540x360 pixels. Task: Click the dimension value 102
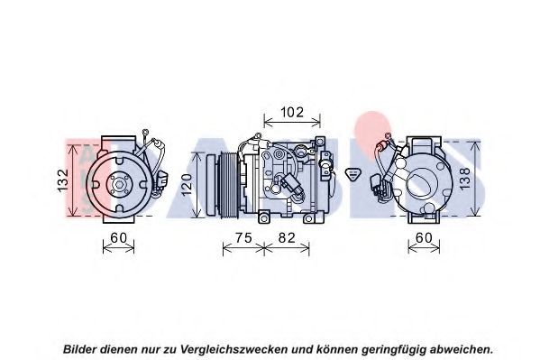(292, 113)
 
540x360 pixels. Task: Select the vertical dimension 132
(63, 180)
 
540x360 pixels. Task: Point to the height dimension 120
(187, 184)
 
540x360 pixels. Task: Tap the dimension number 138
(464, 179)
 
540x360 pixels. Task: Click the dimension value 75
(243, 238)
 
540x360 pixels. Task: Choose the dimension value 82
(287, 238)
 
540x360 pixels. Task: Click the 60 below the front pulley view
(118, 238)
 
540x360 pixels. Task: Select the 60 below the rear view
(424, 238)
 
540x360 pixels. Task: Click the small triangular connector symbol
(352, 173)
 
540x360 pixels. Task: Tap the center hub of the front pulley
(119, 185)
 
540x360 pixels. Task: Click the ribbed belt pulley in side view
(227, 186)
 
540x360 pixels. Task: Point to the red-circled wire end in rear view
(382, 147)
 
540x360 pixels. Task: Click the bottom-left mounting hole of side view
(264, 218)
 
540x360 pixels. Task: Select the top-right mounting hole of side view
(320, 142)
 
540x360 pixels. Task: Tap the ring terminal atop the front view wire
(145, 132)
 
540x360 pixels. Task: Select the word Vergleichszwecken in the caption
(233, 350)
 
